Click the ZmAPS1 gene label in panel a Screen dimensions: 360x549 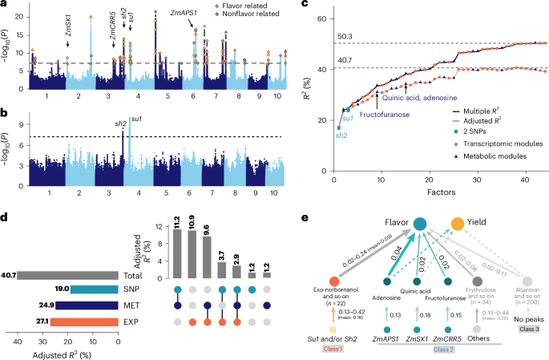tap(185, 13)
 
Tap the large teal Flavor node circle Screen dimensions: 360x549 tap(419, 226)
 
